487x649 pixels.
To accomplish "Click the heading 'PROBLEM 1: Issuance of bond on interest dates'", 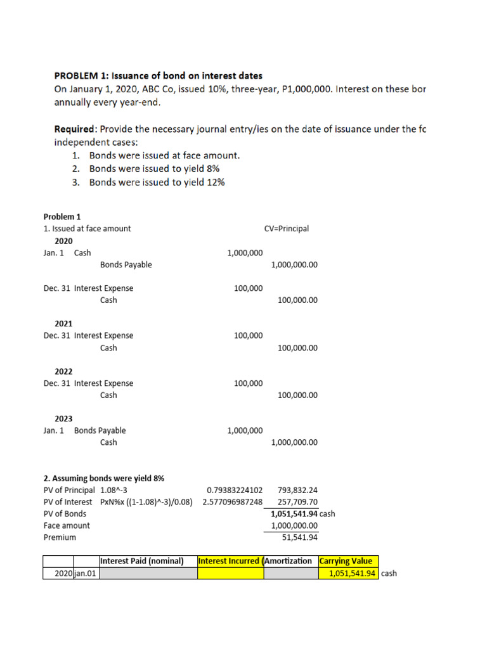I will (x=158, y=76).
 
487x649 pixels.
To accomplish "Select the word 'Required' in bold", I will (x=73, y=129).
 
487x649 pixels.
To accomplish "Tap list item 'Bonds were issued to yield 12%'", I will (x=157, y=183).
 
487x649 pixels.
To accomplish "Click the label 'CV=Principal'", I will (x=286, y=229).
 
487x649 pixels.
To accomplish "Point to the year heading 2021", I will (x=63, y=323).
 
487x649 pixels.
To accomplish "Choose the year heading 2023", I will (x=63, y=419).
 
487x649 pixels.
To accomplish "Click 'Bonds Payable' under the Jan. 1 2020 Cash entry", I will (x=126, y=265).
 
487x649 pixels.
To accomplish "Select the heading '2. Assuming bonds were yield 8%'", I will (x=104, y=479).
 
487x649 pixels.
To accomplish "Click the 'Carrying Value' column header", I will (x=347, y=561).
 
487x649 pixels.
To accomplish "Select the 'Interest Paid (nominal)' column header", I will (x=142, y=561).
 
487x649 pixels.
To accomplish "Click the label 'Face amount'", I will (x=67, y=525).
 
